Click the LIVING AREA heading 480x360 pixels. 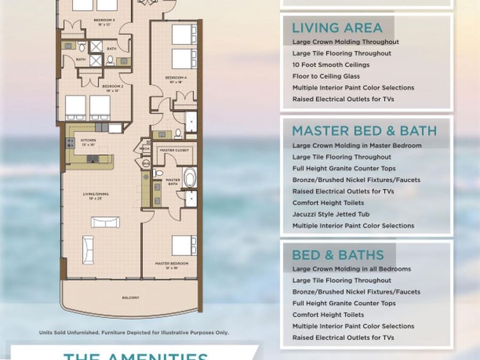pyautogui.click(x=337, y=28)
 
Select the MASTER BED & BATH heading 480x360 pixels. pyautogui.click(x=364, y=131)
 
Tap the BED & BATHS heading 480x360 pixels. pyautogui.click(x=338, y=254)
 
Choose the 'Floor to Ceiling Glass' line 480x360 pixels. pyautogui.click(x=326, y=76)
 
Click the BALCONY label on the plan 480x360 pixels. pyautogui.click(x=131, y=298)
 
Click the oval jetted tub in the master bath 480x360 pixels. pyautogui.click(x=189, y=177)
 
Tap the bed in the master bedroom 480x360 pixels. pyautogui.click(x=184, y=246)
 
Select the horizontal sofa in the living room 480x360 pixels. pyautogui.click(x=105, y=222)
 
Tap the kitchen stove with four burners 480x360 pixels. pyautogui.click(x=70, y=143)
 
